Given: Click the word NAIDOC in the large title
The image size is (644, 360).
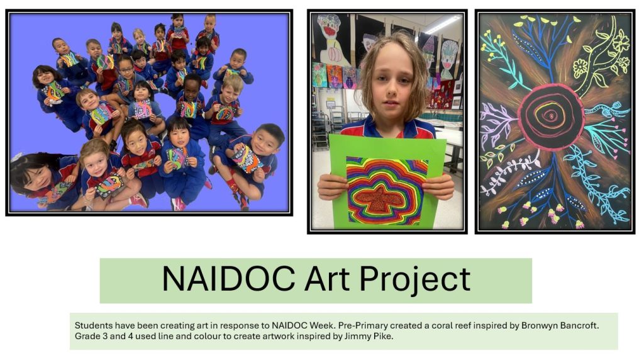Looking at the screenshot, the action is [x=229, y=279].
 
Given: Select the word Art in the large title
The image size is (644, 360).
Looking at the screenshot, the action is [x=327, y=279].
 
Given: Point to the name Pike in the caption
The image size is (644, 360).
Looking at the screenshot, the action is [x=384, y=336].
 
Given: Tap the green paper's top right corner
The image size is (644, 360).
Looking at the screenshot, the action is [x=446, y=140].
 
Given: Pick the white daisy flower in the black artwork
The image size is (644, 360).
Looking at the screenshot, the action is [x=580, y=68].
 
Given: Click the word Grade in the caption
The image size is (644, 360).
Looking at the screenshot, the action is [x=86, y=336].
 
